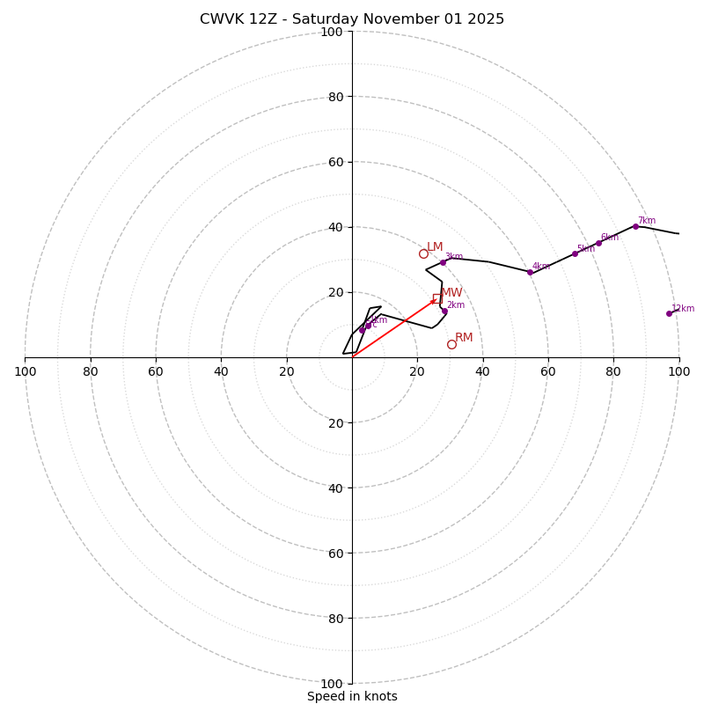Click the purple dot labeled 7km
coord(635,226)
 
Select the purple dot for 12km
coord(669,313)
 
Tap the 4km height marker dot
coord(530,272)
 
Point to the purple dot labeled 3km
coord(443,262)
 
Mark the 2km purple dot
coord(444,311)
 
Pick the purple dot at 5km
coord(575,253)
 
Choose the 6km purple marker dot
coord(598,243)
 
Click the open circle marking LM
coord(423,253)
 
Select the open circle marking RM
coord(451,344)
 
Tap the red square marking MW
coord(437,298)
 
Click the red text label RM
coord(464,338)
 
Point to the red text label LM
coord(435,247)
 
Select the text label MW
coord(451,293)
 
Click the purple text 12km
coord(683,309)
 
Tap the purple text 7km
coord(647,221)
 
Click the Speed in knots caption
coord(352,697)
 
